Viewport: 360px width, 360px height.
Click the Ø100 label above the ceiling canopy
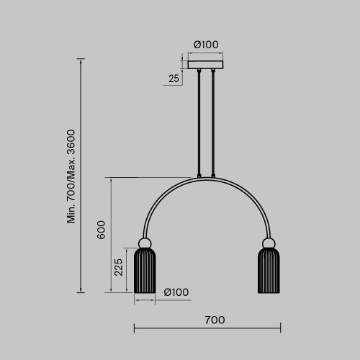[x=206, y=45]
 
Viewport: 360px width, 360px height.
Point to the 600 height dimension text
[x=102, y=229]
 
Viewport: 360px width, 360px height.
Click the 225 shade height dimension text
[x=119, y=269]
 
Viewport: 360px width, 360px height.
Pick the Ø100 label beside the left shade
[x=176, y=292]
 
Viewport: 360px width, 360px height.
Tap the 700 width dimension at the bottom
[x=215, y=319]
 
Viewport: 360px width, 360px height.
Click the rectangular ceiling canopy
[x=206, y=65]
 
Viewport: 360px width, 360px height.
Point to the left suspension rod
[x=199, y=122]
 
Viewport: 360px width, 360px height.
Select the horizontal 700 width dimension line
[x=207, y=329]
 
